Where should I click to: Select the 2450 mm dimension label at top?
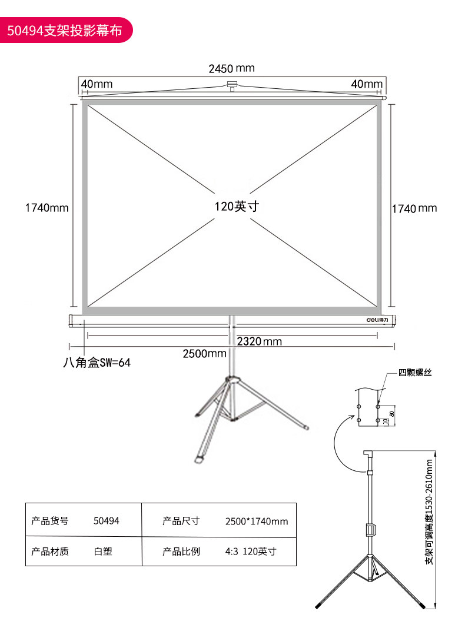point(232,68)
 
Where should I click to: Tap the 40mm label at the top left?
point(97,84)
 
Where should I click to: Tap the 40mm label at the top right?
point(367,84)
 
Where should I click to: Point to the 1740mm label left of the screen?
point(46,208)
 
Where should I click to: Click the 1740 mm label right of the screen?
point(414,208)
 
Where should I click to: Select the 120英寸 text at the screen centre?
point(237,207)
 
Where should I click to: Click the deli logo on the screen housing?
point(377,320)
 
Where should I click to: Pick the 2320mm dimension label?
point(260,341)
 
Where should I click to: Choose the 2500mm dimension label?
point(204,354)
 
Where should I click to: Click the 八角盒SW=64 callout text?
point(97,363)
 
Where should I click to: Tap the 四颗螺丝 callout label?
point(415,373)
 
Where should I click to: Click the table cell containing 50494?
point(106,521)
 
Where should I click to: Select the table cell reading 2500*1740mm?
point(257,522)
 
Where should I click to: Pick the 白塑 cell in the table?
point(103,552)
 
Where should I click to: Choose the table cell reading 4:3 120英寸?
point(251,552)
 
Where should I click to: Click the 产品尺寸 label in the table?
point(181,521)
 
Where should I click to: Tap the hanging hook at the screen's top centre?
point(232,86)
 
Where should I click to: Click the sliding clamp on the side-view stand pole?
point(370,530)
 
